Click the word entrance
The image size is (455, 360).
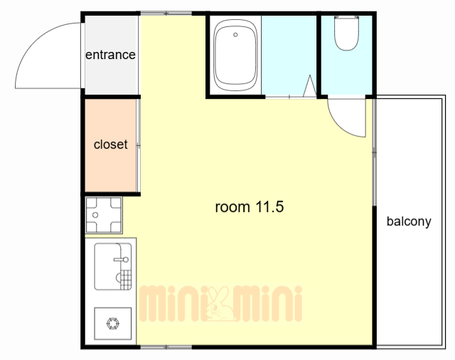110,55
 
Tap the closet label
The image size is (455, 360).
111,144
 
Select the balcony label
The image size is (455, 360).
409,221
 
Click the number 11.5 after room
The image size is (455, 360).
269,207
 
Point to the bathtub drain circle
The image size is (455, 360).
235,35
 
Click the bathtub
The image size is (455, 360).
235,55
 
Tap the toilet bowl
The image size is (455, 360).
346,33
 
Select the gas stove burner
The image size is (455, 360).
112,324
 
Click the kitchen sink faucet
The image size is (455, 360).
122,259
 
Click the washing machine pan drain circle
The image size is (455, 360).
95,215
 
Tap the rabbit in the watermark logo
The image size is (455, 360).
220,304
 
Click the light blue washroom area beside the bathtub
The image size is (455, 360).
289,55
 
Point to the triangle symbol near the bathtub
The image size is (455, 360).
310,86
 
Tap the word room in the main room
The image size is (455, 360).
232,207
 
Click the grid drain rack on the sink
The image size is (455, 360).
126,280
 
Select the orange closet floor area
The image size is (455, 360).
111,145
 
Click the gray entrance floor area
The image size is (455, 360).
111,55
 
